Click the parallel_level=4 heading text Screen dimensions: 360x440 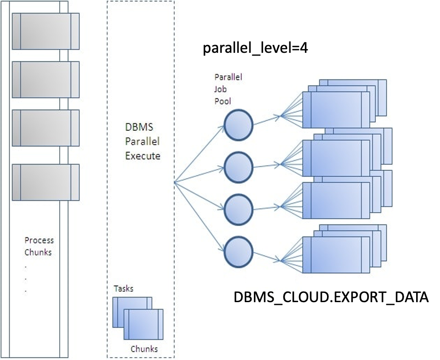255,49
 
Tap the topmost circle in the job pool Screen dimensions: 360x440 238,124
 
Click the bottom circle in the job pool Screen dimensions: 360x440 238,251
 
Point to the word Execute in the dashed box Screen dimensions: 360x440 143,156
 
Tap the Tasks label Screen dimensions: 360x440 124,288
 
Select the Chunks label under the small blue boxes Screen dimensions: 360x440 144,349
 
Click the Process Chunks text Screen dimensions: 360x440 39,246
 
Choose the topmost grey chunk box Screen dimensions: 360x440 45,31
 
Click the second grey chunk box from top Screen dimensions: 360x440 45,79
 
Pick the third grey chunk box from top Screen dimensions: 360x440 45,128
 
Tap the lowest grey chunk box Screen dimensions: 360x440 45,182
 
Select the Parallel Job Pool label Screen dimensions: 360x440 228,89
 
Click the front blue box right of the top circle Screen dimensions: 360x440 336,109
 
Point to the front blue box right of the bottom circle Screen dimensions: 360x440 336,255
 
